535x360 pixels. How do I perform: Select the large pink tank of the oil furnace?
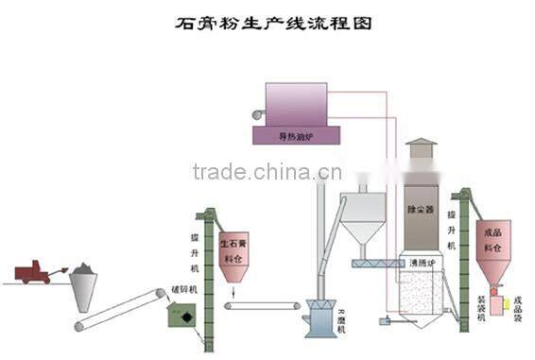click(x=296, y=103)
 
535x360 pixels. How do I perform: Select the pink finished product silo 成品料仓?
click(x=493, y=248)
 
